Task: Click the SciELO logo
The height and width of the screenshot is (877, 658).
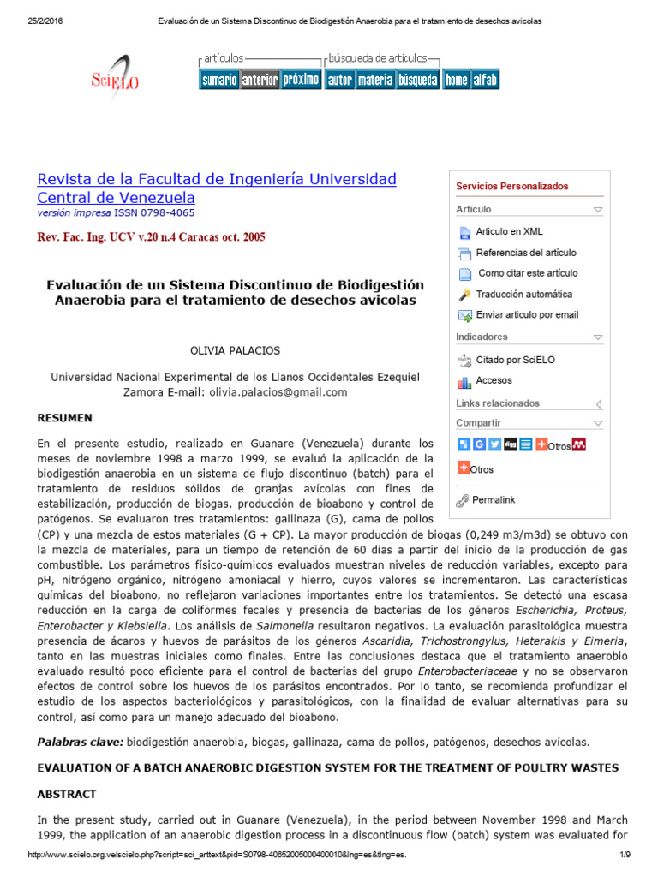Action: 115,77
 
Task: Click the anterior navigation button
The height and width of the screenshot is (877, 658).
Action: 260,80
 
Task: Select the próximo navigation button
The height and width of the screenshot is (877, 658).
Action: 301,80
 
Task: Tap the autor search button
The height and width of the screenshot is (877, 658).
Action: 340,80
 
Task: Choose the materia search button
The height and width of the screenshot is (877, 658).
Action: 374,80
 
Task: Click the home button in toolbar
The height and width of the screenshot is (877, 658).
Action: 456,80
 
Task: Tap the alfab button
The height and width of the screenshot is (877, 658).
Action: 485,80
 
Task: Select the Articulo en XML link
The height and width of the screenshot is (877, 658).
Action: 509,231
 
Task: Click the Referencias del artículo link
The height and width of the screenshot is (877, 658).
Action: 526,253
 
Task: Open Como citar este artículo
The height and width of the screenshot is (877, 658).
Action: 528,273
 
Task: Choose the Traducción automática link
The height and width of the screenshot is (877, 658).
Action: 524,294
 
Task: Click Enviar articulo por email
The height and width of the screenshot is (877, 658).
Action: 527,314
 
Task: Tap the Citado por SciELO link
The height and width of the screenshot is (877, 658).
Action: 515,360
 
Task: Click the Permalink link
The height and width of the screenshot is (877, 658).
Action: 493,499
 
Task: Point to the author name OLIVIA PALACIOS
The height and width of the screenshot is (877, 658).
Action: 234,350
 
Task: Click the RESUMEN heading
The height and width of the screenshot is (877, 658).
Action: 64,418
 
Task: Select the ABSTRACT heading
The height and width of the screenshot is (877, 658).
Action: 67,794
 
